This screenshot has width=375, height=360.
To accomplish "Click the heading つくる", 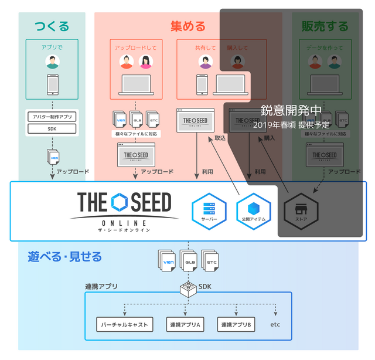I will (52, 26).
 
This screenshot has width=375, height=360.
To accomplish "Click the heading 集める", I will (188, 26).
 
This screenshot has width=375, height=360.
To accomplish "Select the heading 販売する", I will (325, 26).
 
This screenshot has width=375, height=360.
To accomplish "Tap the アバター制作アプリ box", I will (52, 117).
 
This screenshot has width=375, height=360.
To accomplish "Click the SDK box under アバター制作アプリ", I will (52, 128).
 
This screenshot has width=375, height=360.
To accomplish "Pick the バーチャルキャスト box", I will (125, 324).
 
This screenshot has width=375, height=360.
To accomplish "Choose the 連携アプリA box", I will (186, 324).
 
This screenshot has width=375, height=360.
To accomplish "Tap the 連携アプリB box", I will (236, 324).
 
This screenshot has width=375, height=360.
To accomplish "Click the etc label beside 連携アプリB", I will (275, 324).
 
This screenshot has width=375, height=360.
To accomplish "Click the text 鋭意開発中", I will (291, 110).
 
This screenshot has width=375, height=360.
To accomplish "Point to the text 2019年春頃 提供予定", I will (291, 124).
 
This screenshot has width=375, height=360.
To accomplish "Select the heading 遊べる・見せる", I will (64, 256).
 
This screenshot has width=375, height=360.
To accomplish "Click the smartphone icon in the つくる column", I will (52, 84).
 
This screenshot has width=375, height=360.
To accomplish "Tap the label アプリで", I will (52, 46).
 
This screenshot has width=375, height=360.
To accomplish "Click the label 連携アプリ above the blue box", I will (101, 287).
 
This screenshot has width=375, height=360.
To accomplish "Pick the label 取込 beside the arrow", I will (220, 138).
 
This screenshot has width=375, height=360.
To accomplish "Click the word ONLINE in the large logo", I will (124, 222).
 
